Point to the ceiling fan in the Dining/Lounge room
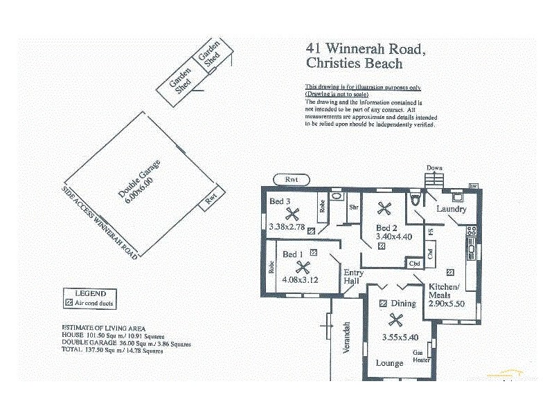click(x=395, y=320)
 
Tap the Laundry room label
click(x=451, y=209)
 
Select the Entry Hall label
click(x=353, y=277)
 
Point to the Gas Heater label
click(x=422, y=356)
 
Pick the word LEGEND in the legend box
click(x=85, y=293)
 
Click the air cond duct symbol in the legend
click(x=69, y=303)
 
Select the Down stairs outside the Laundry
click(x=434, y=179)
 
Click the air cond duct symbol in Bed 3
click(x=311, y=230)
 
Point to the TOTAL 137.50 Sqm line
click(x=112, y=351)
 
